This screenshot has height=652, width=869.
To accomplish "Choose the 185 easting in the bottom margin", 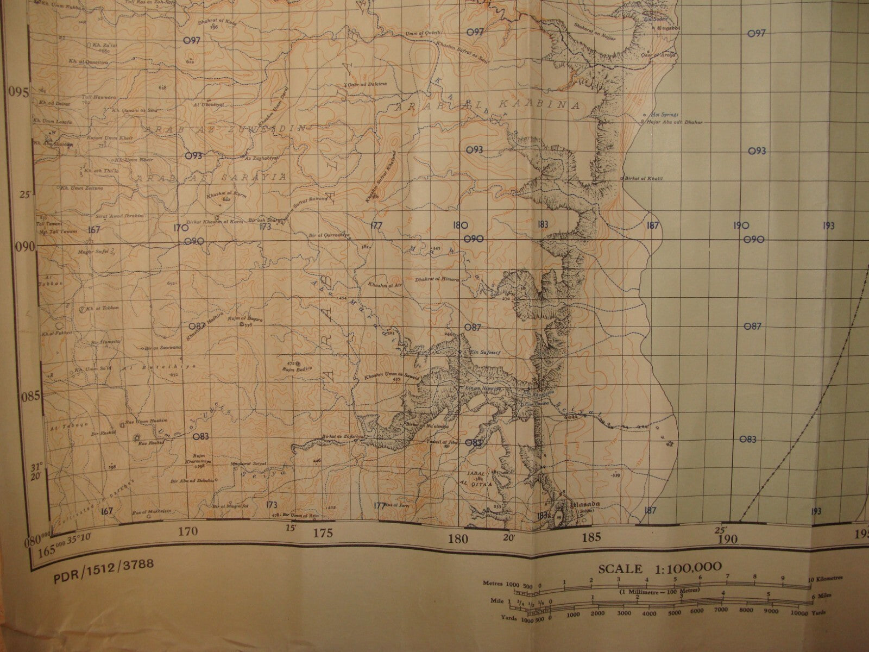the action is (x=591, y=538).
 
